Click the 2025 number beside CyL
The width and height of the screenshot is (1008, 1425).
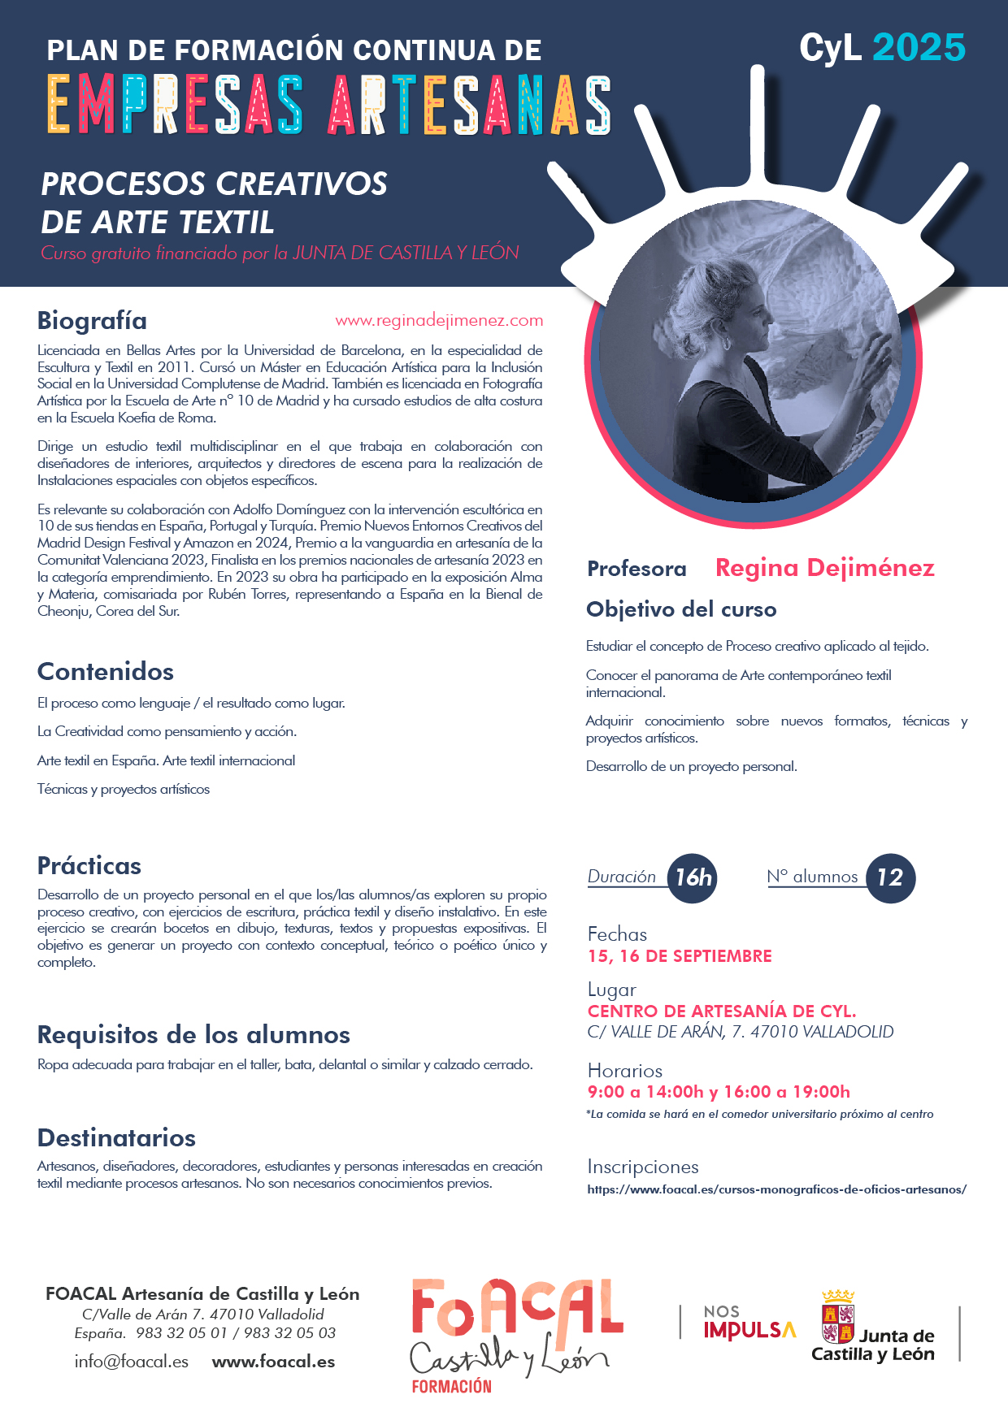tap(919, 48)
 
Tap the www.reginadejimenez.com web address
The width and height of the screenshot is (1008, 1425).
tap(439, 321)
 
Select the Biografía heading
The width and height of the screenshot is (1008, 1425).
tap(92, 321)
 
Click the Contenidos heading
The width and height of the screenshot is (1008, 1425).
tap(106, 672)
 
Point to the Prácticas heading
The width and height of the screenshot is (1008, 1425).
tap(89, 866)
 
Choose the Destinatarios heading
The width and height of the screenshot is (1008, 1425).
tap(116, 1137)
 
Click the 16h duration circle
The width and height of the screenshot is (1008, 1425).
tap(693, 877)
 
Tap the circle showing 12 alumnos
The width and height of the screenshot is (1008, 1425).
tap(890, 877)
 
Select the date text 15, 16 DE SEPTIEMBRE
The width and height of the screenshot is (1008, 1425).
tap(680, 956)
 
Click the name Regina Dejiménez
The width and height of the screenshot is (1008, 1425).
tap(824, 568)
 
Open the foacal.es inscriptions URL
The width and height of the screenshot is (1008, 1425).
tap(776, 1189)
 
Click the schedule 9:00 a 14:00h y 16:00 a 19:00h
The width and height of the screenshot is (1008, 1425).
tap(719, 1092)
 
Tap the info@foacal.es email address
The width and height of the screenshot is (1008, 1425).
tap(132, 1362)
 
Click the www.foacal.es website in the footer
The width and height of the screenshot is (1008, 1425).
tap(273, 1362)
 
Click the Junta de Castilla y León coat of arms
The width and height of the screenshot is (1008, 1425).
tap(838, 1316)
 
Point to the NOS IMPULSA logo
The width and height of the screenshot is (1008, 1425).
tap(749, 1323)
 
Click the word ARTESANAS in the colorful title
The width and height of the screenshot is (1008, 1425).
tap(469, 106)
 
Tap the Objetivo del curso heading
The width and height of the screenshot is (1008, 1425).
tap(681, 609)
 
